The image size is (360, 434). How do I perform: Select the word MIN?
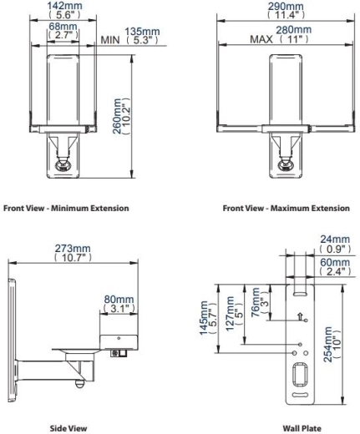pyautogui.click(x=110, y=40)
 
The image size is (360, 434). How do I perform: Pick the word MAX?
pyautogui.click(x=261, y=39)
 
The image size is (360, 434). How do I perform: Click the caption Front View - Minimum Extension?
pyautogui.click(x=66, y=208)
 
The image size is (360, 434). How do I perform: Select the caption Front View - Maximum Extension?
pyautogui.click(x=286, y=208)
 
